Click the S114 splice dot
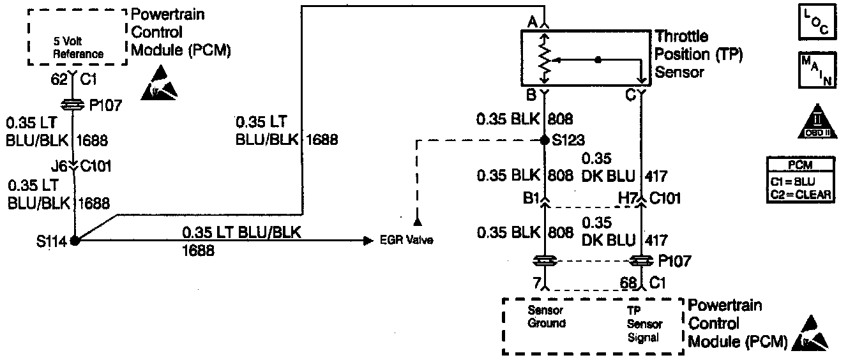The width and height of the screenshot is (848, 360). (x=75, y=241)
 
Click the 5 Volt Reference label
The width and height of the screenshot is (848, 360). (x=78, y=50)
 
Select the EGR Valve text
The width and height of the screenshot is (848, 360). (x=405, y=241)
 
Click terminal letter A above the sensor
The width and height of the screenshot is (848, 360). (x=531, y=22)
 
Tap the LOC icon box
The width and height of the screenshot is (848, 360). (x=816, y=21)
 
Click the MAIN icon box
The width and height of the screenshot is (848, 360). (x=816, y=70)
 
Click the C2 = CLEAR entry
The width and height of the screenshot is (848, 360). (x=801, y=195)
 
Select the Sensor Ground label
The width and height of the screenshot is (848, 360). (x=546, y=317)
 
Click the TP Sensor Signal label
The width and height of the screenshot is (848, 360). (x=643, y=324)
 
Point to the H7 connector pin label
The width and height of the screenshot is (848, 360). (x=626, y=199)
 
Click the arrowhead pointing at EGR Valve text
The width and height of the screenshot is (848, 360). (x=368, y=241)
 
